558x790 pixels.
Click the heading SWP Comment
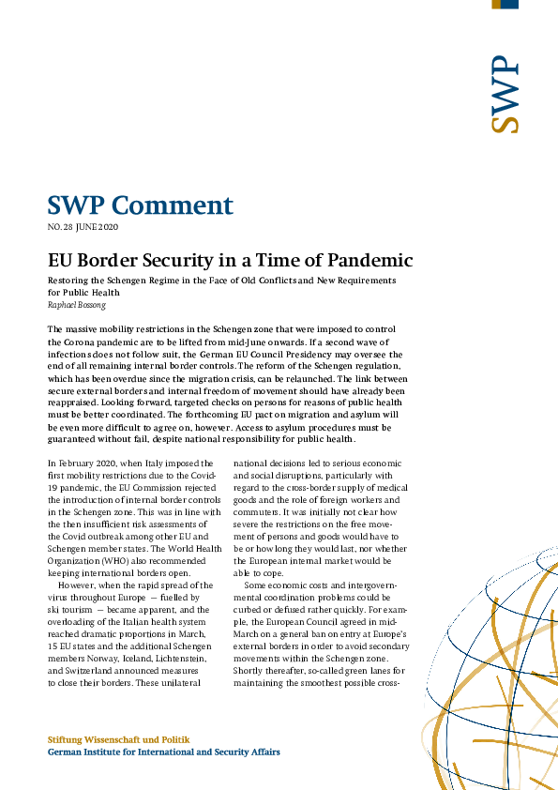[x=141, y=205]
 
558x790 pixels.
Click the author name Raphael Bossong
[x=76, y=304]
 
